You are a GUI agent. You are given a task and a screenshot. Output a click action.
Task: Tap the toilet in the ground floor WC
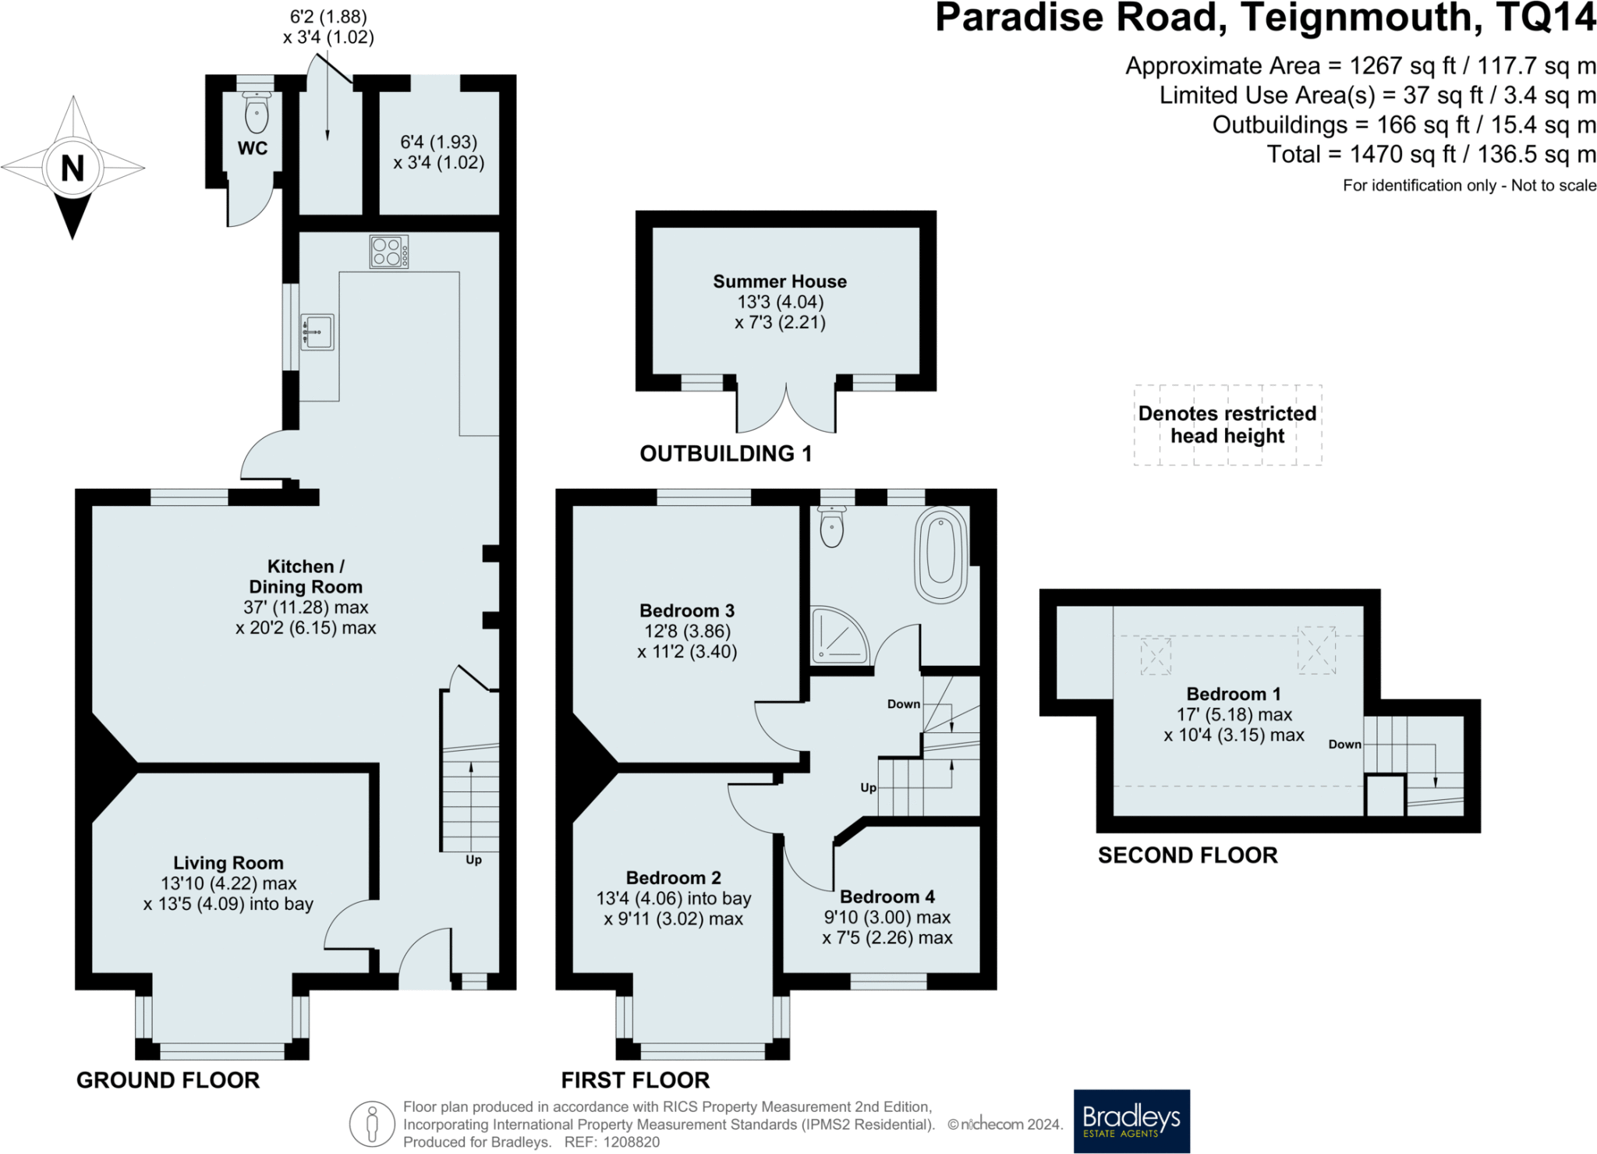click(257, 112)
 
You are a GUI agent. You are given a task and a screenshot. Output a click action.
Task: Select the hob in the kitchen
click(389, 252)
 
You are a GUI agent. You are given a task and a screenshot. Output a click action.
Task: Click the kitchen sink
click(317, 332)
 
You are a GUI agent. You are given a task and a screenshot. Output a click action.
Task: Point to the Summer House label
click(780, 281)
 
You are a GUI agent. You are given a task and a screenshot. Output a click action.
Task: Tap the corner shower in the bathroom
click(840, 635)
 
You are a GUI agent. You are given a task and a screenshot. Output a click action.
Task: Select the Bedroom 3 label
click(687, 611)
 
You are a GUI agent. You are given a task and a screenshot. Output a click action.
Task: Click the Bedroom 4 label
click(887, 897)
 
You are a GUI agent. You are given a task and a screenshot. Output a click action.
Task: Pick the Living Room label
click(228, 863)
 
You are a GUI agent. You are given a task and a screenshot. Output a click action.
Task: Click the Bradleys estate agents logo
click(1131, 1121)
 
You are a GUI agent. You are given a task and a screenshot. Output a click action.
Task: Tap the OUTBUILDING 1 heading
click(726, 454)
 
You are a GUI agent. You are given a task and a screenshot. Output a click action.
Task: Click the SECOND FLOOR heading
click(1188, 855)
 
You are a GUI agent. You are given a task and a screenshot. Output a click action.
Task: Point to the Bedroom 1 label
click(1234, 694)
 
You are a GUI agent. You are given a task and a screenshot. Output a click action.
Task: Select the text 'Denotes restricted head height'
click(1227, 424)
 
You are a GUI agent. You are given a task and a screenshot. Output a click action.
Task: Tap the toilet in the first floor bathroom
click(832, 526)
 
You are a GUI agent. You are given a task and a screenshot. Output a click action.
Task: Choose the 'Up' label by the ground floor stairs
click(473, 860)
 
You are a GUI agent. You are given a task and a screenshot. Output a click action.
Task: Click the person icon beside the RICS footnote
click(372, 1124)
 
